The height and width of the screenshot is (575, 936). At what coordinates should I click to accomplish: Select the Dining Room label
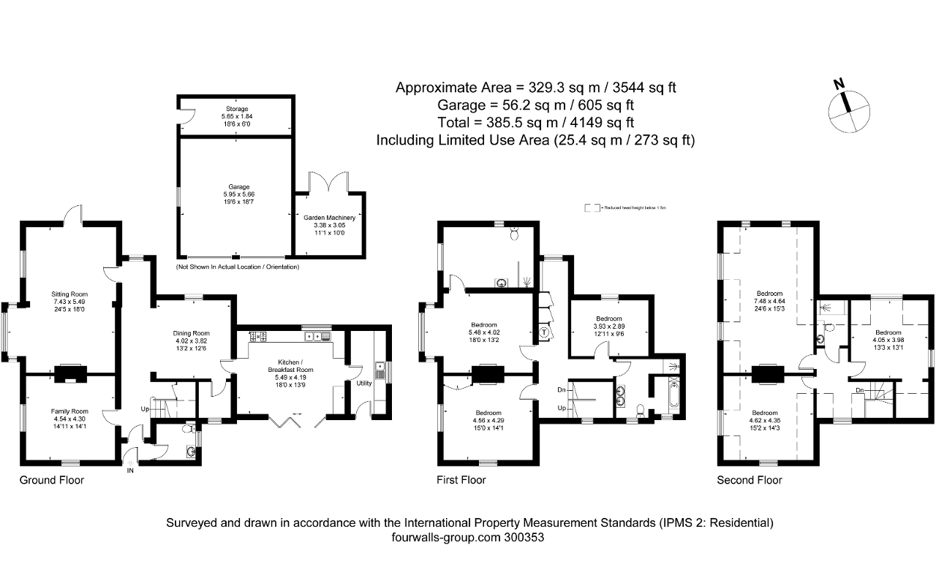coord(191,333)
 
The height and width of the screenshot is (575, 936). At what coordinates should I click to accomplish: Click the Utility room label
coord(363,383)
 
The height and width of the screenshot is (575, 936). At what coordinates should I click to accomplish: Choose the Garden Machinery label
coord(330,217)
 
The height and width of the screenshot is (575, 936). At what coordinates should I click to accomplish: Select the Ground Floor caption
coord(51,480)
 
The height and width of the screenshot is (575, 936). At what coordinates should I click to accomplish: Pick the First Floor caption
coord(461,480)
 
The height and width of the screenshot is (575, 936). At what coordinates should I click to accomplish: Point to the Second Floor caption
coord(749,480)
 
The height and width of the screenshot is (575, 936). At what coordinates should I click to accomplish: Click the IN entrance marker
coord(130,471)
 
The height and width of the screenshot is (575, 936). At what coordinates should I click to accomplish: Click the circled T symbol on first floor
coord(544,332)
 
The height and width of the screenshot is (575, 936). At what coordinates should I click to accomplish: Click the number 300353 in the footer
coord(524,537)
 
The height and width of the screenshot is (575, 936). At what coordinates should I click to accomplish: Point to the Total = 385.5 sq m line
coord(535,122)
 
